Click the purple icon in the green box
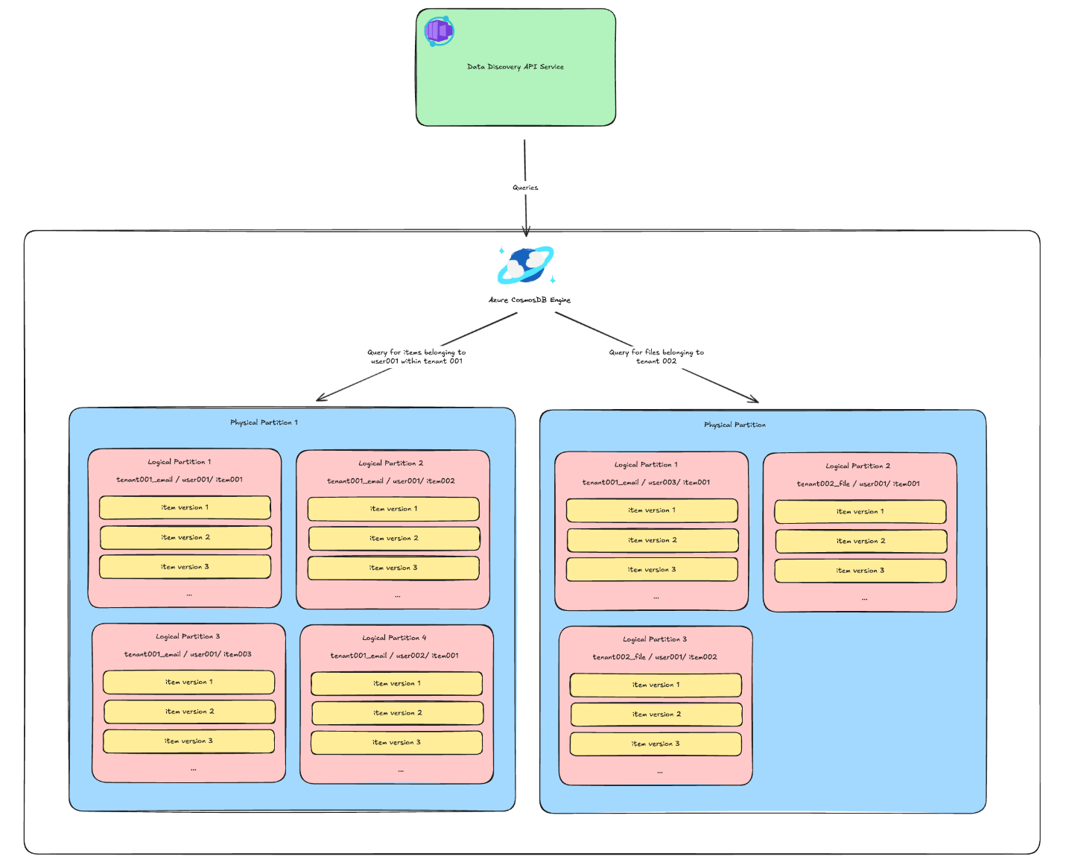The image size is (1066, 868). (x=439, y=31)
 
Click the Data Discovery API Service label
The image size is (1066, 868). (x=515, y=67)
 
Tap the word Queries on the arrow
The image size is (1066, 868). (x=525, y=188)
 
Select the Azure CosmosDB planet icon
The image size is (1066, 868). (x=526, y=265)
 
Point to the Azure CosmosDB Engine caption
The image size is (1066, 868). (x=530, y=300)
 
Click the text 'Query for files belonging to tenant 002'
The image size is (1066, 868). (x=656, y=357)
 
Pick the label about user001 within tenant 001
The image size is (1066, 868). (x=416, y=357)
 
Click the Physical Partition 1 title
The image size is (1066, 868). (x=264, y=422)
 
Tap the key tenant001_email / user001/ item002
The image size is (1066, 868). (x=391, y=481)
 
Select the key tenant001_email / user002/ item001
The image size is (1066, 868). (x=395, y=656)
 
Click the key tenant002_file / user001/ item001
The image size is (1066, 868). (x=858, y=484)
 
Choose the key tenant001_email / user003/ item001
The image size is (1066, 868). (x=646, y=483)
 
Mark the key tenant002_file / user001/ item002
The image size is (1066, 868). (x=655, y=657)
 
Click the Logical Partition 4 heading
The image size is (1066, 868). (x=394, y=639)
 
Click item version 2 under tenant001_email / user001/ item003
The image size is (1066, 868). (x=189, y=712)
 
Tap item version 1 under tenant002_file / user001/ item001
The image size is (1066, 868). (x=860, y=512)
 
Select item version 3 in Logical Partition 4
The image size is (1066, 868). (x=396, y=743)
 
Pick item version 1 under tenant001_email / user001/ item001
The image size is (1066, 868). (x=185, y=507)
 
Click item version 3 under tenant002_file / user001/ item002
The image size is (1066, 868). (x=656, y=744)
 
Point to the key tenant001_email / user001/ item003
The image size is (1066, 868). (x=188, y=654)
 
